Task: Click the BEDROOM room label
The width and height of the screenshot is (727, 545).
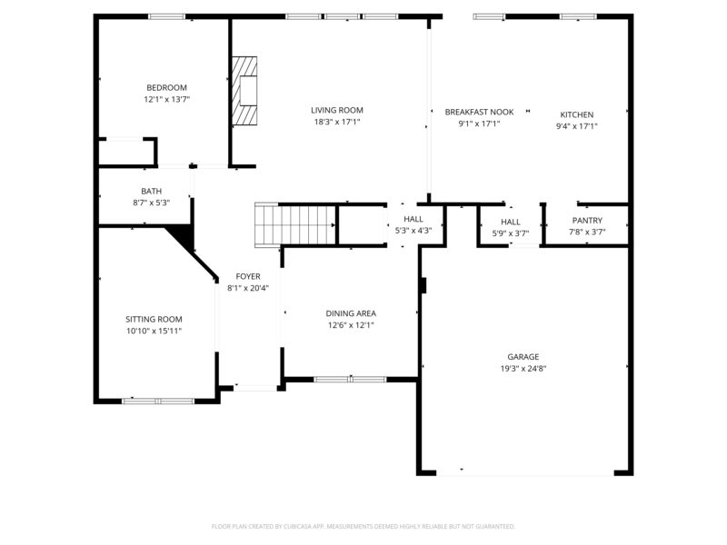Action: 167,87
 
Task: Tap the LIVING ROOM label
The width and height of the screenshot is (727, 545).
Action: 337,110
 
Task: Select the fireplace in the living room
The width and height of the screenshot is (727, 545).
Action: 244,91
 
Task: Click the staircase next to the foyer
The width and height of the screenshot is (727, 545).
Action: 295,224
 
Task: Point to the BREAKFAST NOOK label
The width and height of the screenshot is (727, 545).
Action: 480,112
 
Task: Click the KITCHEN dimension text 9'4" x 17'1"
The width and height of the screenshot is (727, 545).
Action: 577,126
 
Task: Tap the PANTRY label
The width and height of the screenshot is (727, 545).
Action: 587,221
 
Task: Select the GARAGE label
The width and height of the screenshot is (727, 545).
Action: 523,357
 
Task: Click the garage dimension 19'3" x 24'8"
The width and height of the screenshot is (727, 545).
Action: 523,369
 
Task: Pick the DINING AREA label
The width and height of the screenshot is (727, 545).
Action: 351,313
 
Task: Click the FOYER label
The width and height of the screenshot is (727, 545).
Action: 248,277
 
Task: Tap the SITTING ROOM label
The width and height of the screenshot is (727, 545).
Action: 154,320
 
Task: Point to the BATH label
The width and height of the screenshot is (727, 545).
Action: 152,192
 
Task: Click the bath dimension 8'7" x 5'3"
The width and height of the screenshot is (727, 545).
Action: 152,203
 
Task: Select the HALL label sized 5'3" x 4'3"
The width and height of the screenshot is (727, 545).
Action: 413,219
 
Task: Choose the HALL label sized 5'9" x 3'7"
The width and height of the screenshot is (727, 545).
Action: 511,222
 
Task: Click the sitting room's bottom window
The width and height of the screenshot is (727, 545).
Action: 158,401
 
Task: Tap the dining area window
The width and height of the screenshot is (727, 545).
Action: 350,379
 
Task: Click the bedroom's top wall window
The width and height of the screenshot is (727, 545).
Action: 167,16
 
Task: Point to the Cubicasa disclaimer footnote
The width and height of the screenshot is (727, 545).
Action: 363,527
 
